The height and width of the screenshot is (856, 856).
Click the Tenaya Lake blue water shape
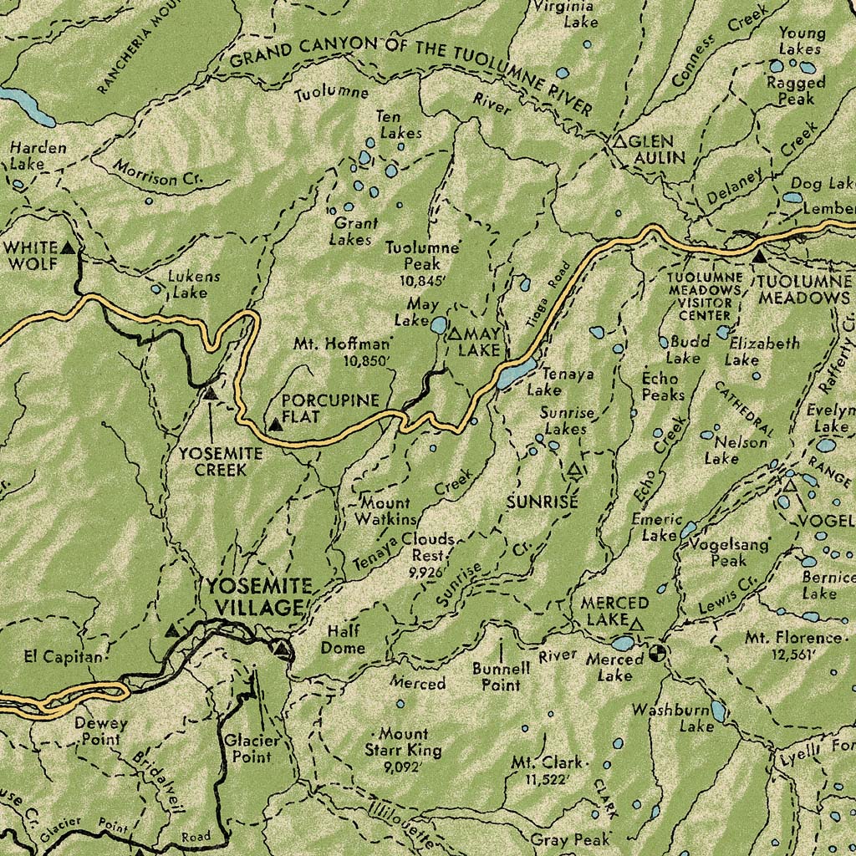point(517,372)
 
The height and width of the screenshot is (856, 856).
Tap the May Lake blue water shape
point(438,324)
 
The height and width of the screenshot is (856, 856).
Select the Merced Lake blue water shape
point(623,643)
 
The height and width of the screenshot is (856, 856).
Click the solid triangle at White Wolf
point(68,248)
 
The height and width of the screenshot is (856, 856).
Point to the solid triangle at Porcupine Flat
point(274,425)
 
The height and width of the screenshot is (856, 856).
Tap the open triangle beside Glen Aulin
point(619,143)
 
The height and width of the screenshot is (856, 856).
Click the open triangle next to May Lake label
point(455,334)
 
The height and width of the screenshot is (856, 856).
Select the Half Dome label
point(345,639)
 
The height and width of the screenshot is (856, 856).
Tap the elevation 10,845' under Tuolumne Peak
point(423,281)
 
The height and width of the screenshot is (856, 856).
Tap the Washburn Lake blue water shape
point(717,711)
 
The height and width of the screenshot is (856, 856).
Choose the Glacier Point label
point(247,748)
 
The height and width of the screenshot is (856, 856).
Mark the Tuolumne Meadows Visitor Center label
point(705,296)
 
